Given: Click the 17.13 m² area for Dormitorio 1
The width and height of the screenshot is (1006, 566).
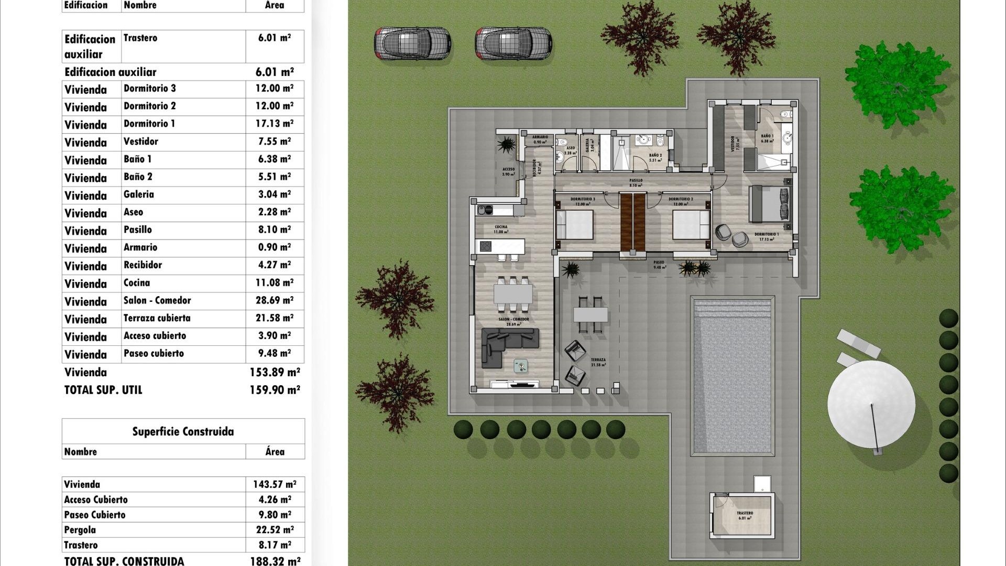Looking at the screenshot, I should [x=274, y=124].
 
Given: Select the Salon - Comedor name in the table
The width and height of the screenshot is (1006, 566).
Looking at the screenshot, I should [x=157, y=300].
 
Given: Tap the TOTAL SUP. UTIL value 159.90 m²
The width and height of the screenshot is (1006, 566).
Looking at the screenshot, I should [x=275, y=390].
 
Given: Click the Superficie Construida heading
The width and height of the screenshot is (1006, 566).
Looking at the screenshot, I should [x=183, y=432].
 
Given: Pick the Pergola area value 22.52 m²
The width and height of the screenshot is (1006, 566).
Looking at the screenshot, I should [x=275, y=530].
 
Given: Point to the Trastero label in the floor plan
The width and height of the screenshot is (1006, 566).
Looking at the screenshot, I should [x=745, y=514].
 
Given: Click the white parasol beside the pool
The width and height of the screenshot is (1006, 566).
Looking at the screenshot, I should [x=871, y=404].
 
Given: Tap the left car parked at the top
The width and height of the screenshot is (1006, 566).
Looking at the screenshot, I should [x=412, y=43].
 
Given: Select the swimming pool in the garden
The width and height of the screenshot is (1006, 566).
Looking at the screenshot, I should [x=733, y=375].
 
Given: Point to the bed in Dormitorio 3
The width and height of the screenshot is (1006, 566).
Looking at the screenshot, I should [x=574, y=225].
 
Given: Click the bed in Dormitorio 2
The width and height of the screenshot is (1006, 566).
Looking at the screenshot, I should [x=691, y=225].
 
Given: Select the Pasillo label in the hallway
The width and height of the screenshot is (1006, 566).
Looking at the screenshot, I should [x=636, y=180].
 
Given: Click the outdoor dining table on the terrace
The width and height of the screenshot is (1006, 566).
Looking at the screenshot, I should [x=591, y=314].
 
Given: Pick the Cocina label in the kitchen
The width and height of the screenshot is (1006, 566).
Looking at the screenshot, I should [x=501, y=227].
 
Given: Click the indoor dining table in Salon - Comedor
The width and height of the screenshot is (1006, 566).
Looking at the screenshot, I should [x=513, y=294].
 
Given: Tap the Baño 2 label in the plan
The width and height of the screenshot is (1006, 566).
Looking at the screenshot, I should [x=655, y=156].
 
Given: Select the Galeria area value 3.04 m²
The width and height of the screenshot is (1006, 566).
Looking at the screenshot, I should [x=274, y=194].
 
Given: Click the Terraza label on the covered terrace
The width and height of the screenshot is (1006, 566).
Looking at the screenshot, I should [x=598, y=360].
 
